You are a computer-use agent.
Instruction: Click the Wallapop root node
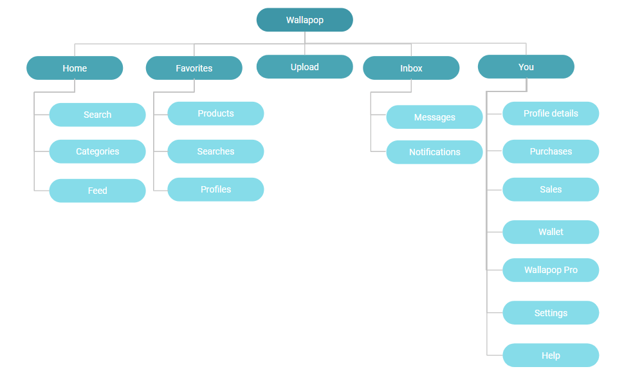coord(304,20)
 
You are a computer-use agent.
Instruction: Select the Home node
coord(75,68)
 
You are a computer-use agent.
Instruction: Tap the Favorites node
coord(194,68)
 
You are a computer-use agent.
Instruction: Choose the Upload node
coord(304,67)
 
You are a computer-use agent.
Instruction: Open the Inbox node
coord(411,68)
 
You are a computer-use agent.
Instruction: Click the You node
coord(526,67)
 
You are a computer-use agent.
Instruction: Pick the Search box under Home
coord(97,115)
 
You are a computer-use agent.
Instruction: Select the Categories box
coord(97,151)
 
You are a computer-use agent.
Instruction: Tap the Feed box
coord(97,191)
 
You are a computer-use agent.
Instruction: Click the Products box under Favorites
coord(216,113)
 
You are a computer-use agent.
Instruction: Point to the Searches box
coord(216,151)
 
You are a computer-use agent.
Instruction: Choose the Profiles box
coord(216,189)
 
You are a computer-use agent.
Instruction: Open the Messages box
coord(434,117)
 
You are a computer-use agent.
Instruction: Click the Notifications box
coord(434,152)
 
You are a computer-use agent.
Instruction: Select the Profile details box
coord(551,113)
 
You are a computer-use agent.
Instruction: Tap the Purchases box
coord(551,151)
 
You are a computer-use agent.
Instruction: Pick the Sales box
coord(551,189)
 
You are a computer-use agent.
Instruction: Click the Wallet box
coord(551,232)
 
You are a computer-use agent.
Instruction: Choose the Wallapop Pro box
coord(551,270)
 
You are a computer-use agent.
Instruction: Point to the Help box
coord(551,355)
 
